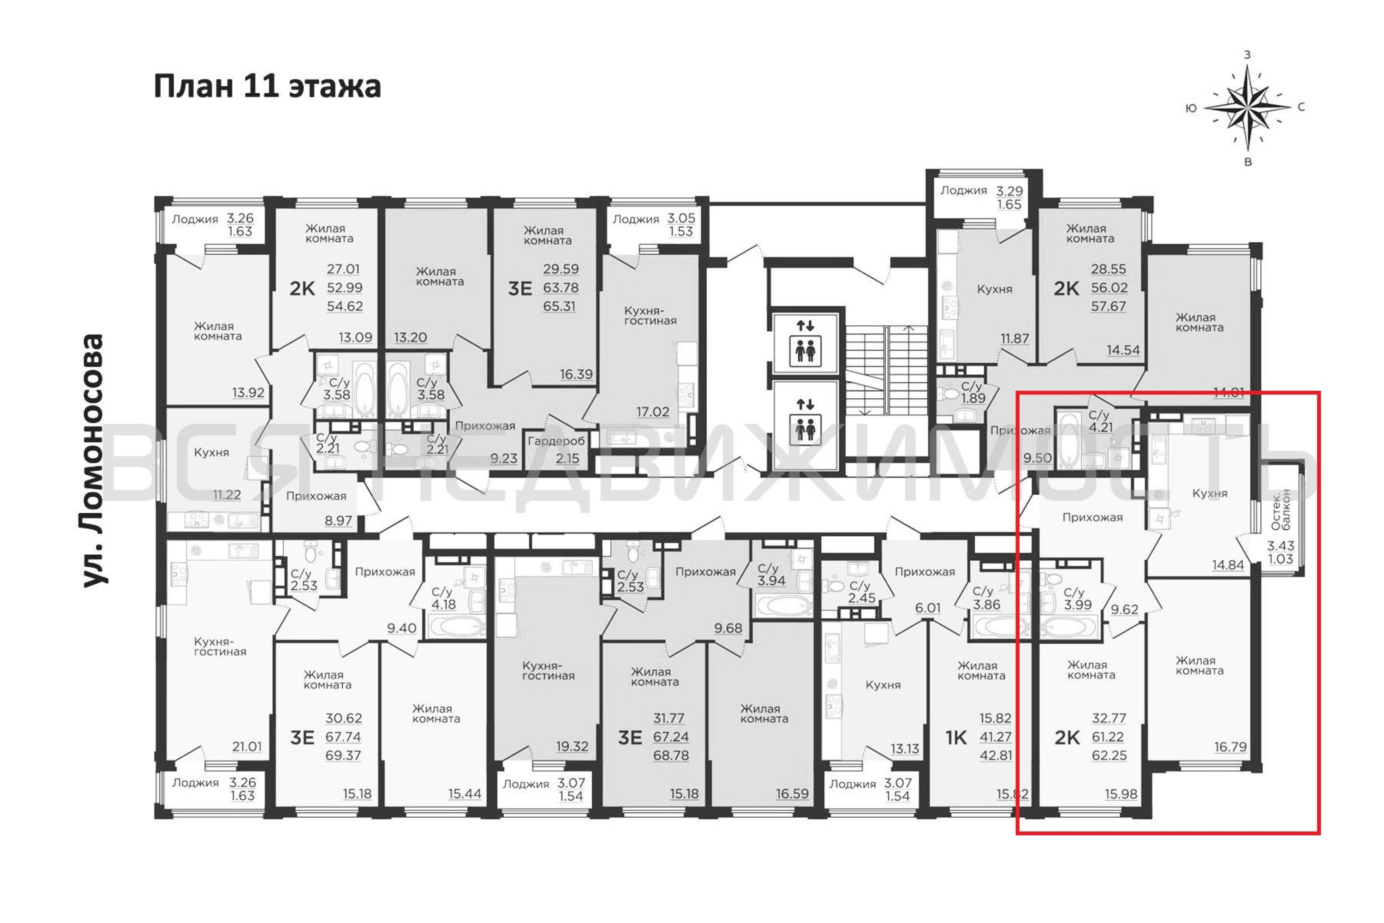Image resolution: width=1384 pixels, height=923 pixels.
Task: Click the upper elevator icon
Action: point(805,343)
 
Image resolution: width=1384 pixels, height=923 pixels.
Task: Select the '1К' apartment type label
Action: point(955,737)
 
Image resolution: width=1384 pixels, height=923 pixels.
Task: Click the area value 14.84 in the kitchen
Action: point(1228,565)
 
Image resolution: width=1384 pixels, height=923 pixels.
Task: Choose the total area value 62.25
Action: point(1109,755)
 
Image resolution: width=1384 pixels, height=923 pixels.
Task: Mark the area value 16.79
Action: point(1230,747)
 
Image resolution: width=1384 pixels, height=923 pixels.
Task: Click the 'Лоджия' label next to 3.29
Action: point(963,190)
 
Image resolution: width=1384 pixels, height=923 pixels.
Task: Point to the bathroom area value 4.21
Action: point(1100,427)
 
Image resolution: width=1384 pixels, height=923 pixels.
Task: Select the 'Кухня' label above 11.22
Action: point(211,452)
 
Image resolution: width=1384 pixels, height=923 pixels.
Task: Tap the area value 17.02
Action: point(653,412)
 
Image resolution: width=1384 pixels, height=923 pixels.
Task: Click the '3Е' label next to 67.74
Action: point(302,737)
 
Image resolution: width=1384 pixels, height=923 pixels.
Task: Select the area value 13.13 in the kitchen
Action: point(904,749)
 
